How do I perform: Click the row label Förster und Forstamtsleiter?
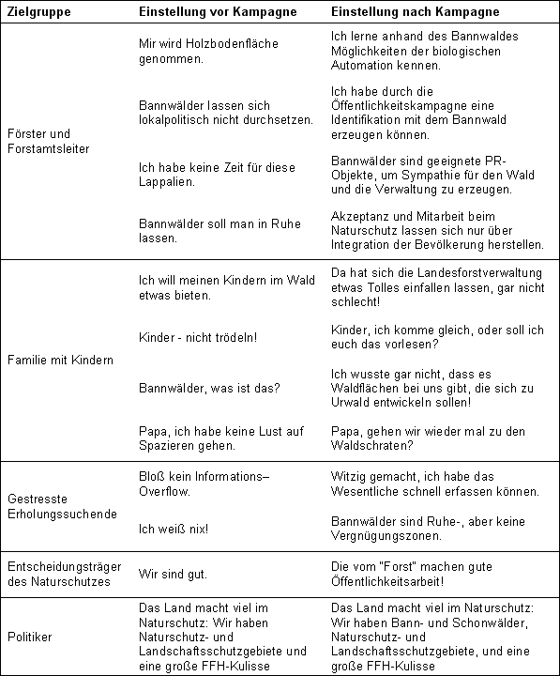click(x=45, y=141)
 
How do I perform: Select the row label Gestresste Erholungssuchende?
click(x=63, y=506)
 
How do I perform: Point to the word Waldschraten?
click(x=373, y=445)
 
